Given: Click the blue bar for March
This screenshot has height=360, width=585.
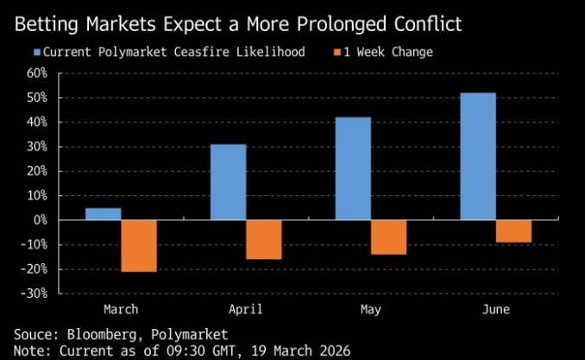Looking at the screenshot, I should click(103, 214).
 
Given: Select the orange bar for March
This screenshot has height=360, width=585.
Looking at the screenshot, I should click(139, 246).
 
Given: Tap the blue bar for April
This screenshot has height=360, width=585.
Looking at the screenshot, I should click(228, 182).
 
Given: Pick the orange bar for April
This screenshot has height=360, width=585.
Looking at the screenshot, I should click(264, 240).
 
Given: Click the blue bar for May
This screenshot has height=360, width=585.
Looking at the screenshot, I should click(353, 168).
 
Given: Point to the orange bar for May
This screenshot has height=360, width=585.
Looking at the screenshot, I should click(389, 237).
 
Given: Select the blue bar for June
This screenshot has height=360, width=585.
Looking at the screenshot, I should click(478, 156).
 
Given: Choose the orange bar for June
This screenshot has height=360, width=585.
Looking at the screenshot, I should click(513, 231).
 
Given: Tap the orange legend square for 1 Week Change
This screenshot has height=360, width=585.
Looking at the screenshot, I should click(337, 53).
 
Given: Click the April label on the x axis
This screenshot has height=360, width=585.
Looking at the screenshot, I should click(246, 308).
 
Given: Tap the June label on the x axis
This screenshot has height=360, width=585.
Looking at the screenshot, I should click(496, 308).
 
